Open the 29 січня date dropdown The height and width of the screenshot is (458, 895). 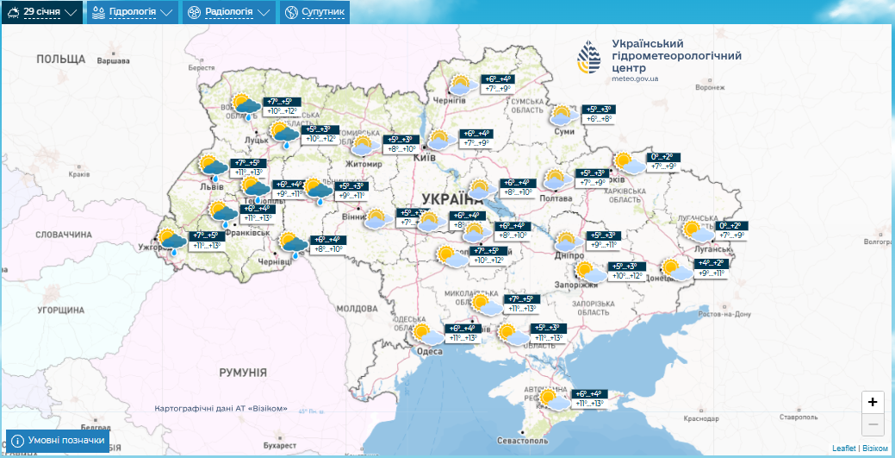pyautogui.click(x=42, y=12)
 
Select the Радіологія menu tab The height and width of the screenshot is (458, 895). pyautogui.click(x=229, y=12)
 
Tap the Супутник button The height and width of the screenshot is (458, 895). pyautogui.click(x=315, y=12)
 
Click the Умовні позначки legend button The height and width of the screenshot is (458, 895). pyautogui.click(x=58, y=440)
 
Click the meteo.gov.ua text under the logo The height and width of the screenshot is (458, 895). pyautogui.click(x=635, y=78)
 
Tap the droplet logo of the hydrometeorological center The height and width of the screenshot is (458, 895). pyautogui.click(x=591, y=59)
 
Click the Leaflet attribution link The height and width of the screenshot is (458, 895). pyautogui.click(x=844, y=449)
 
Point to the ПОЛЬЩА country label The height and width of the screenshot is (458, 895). pyautogui.click(x=61, y=60)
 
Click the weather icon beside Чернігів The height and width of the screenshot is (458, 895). pyautogui.click(x=462, y=85)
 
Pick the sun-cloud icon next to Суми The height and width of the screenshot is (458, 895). pyautogui.click(x=562, y=116)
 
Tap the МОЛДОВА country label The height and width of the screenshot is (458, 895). pyautogui.click(x=357, y=308)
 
